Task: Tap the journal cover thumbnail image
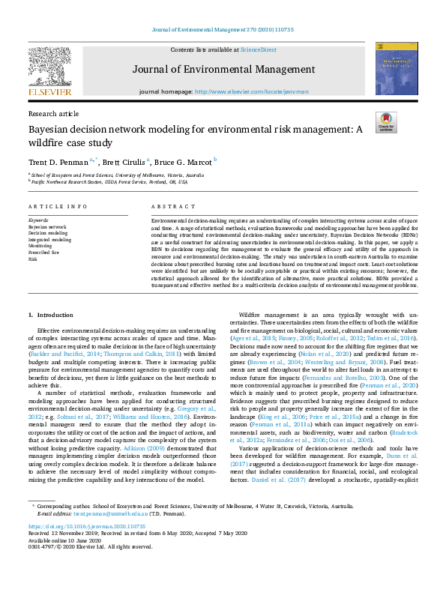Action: [x=397, y=68]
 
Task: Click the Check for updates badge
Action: [x=385, y=122]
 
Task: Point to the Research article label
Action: [x=52, y=113]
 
